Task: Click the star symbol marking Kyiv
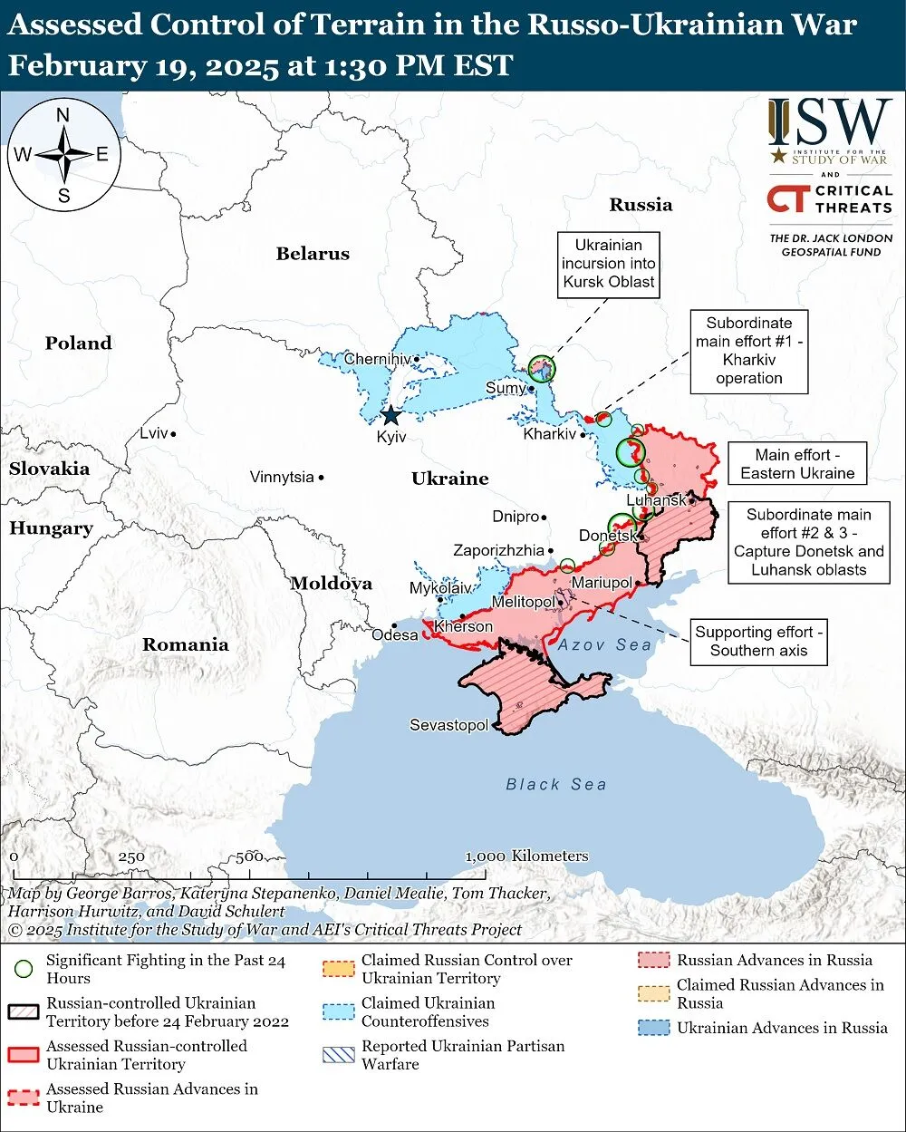tap(390, 415)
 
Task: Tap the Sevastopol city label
tap(448, 725)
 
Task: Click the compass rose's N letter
tap(63, 115)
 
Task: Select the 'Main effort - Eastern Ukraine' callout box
tap(797, 464)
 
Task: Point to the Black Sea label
tap(555, 784)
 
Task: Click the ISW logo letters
tap(830, 123)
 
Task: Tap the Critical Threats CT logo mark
tap(786, 198)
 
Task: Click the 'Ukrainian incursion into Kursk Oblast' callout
tap(608, 264)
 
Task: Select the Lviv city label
tap(153, 433)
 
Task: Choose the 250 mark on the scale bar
tap(131, 856)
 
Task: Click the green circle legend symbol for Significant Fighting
tap(24, 969)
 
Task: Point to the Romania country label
tap(185, 644)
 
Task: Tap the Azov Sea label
tap(604, 644)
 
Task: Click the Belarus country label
tap(313, 254)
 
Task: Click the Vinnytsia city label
tap(282, 477)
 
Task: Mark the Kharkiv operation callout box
tap(748, 351)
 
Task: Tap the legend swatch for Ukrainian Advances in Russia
tap(655, 1028)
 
